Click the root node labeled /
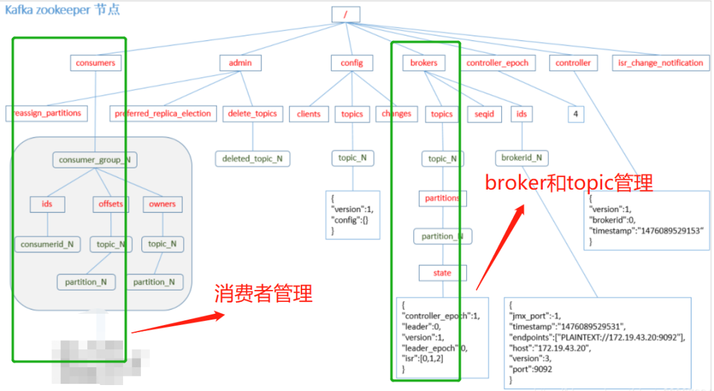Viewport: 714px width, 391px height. pos(346,14)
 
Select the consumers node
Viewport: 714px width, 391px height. pos(95,63)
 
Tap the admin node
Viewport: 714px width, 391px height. pos(241,63)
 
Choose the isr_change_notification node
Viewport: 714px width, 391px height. pos(660,63)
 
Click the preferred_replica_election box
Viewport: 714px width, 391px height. pos(163,114)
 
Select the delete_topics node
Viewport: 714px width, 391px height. pos(253,114)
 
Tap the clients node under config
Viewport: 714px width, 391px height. pos(309,114)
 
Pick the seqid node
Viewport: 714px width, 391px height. pos(485,114)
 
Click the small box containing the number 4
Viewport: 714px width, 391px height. pos(576,114)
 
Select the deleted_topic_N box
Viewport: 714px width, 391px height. pos(253,159)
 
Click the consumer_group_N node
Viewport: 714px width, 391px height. pos(95,159)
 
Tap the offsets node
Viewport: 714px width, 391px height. pos(110,204)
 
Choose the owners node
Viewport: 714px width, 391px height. pos(163,204)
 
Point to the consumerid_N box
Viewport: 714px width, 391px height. pos(47,244)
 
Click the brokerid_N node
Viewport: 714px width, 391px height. pos(522,158)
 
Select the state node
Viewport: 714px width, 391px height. pos(442,273)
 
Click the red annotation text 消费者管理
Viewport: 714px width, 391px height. pos(263,294)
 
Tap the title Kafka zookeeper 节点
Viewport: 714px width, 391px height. pos(63,11)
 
